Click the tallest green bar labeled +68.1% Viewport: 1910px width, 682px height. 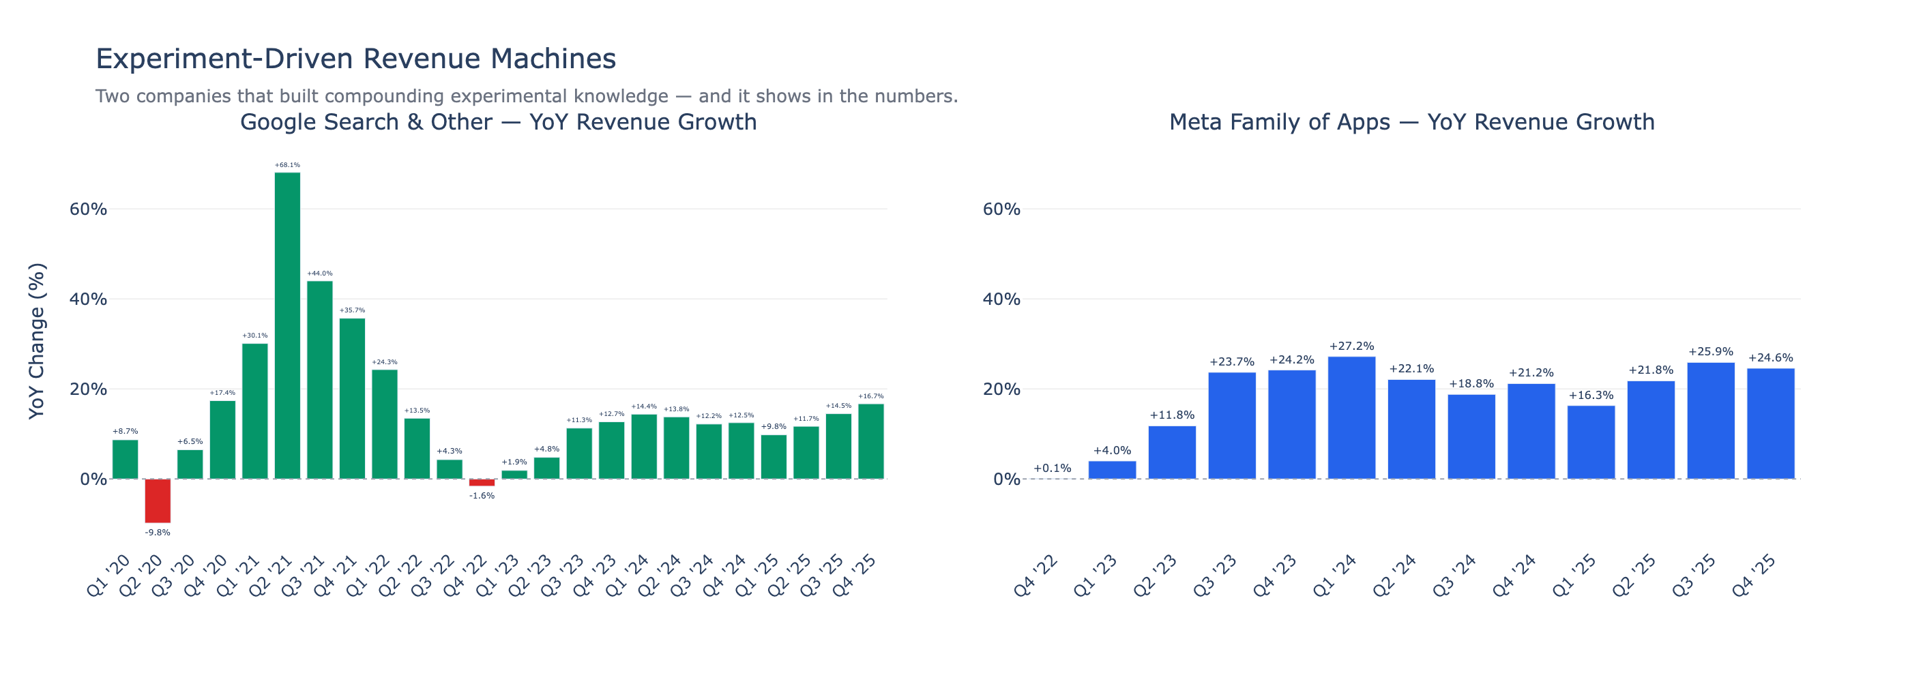click(287, 326)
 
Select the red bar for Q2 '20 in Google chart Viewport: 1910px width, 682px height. click(157, 501)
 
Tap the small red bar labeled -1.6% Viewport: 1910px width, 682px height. click(482, 483)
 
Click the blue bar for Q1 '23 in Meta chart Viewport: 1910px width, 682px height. click(1111, 470)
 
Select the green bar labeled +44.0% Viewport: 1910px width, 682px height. click(319, 380)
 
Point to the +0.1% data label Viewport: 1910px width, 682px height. click(1052, 469)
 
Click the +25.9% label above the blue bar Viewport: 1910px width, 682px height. click(1711, 351)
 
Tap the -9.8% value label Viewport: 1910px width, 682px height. click(157, 532)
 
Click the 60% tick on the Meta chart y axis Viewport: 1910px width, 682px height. click(1001, 209)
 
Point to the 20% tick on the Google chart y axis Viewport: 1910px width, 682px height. click(88, 389)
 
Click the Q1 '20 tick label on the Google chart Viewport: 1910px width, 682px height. click(109, 576)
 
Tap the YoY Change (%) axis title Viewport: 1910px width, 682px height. click(37, 341)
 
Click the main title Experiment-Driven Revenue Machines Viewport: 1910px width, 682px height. click(356, 59)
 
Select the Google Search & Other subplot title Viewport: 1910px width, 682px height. click(498, 121)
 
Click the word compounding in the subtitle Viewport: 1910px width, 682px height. click(399, 96)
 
